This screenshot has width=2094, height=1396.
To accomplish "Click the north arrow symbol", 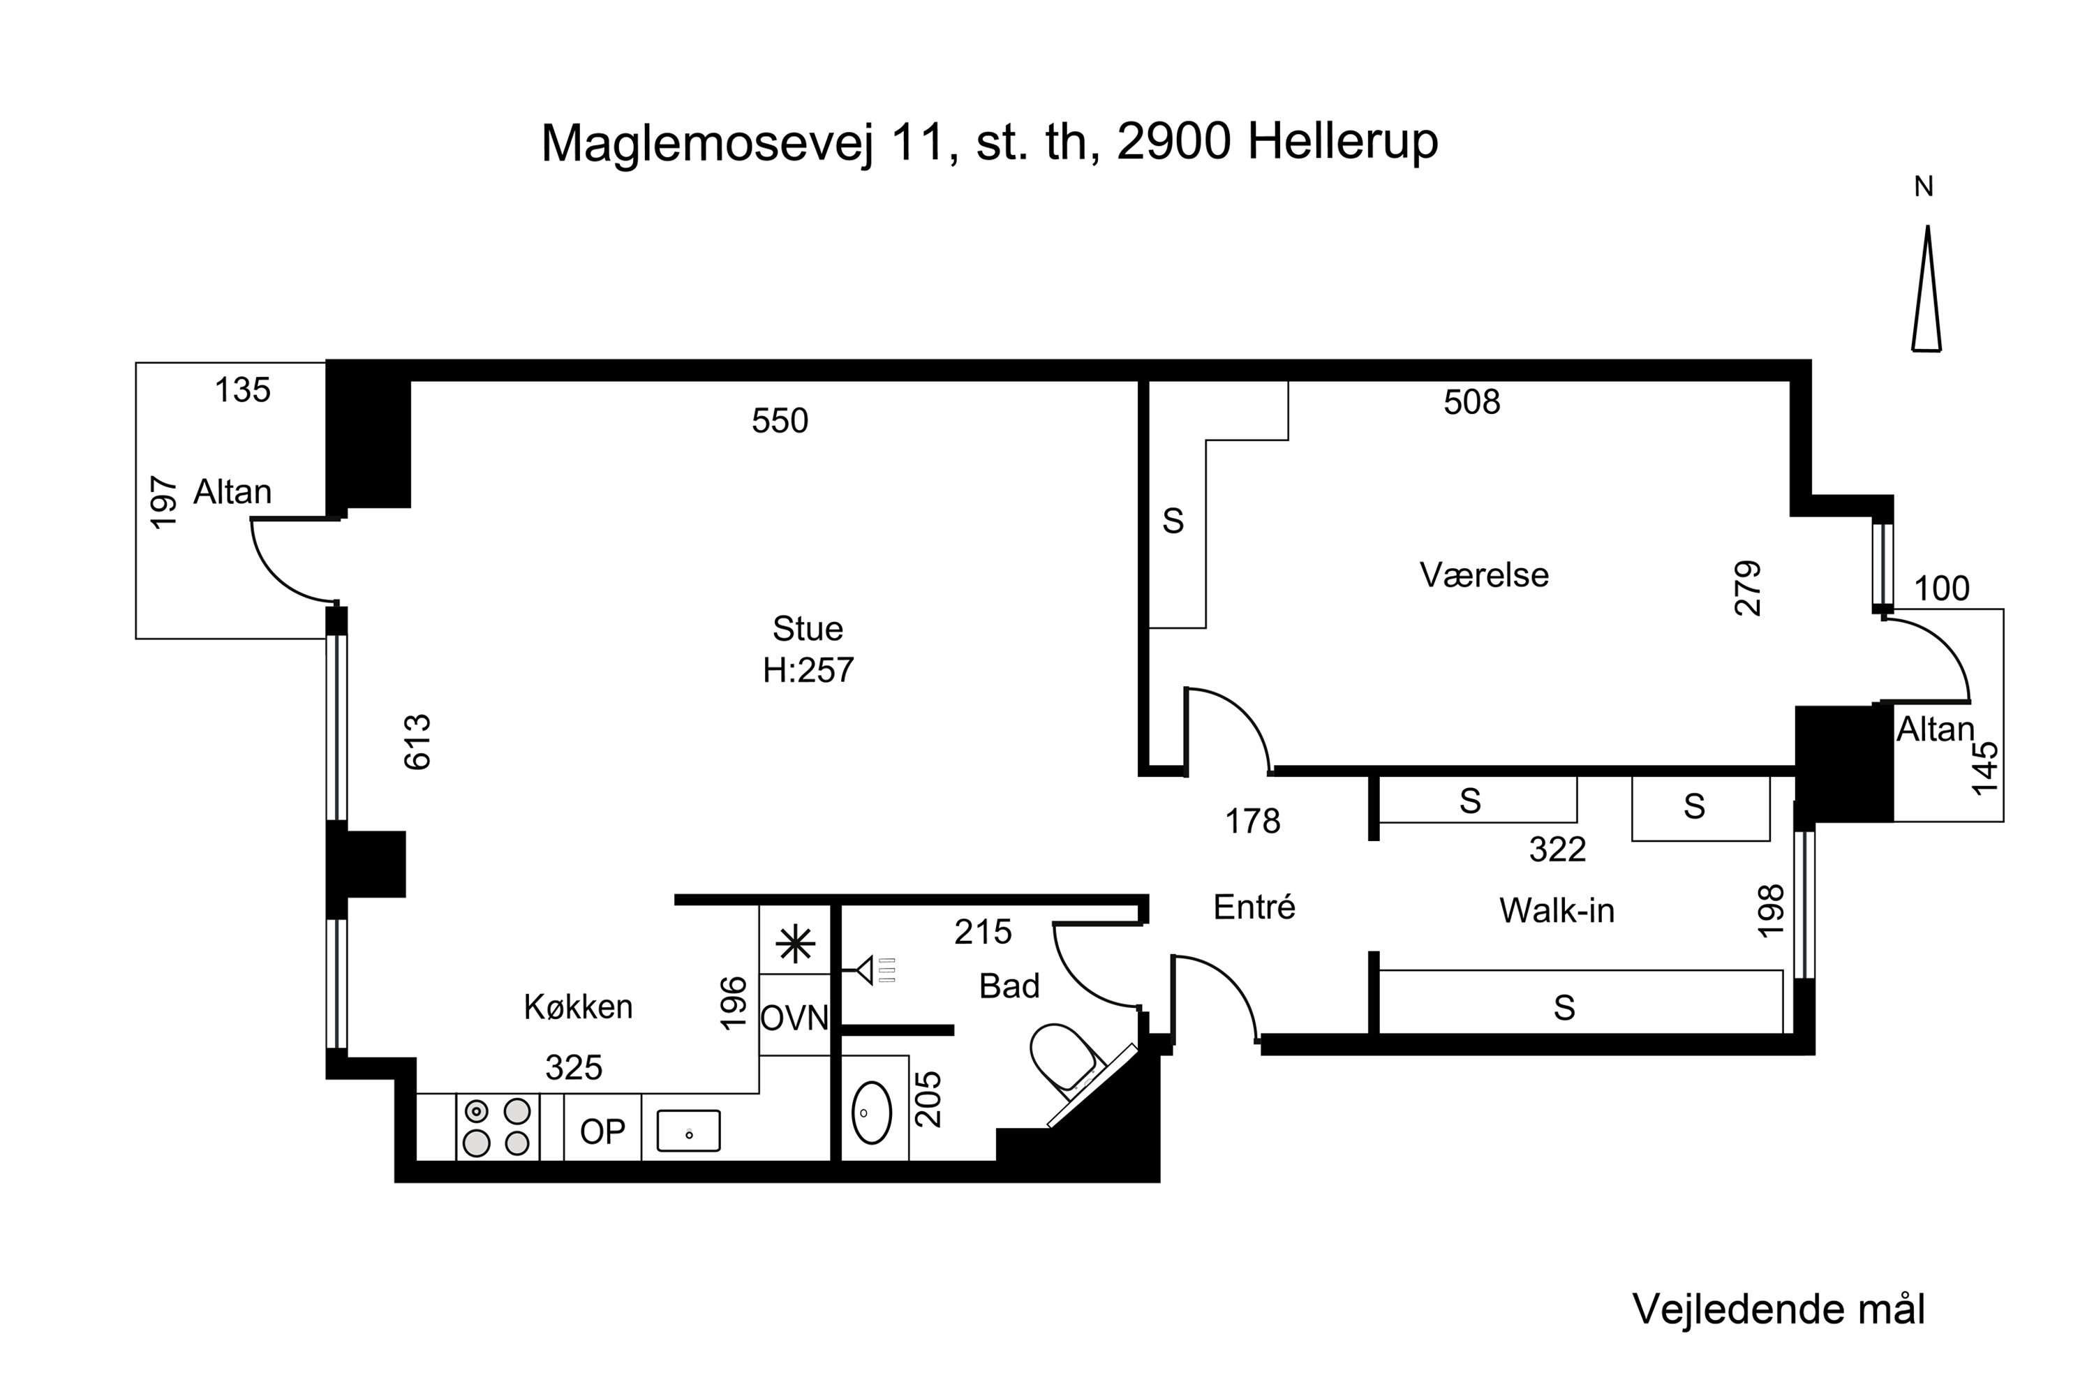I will pos(1926,290).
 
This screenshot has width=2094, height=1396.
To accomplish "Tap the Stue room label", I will pos(808,629).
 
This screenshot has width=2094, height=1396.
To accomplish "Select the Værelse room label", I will pos(1483,575).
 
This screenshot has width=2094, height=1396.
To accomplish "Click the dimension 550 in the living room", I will pos(779,420).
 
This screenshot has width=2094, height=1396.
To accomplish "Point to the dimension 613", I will pos(417,741).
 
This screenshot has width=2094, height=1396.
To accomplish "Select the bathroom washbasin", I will pos(872,1113).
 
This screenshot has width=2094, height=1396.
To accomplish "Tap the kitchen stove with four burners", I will pos(497,1127).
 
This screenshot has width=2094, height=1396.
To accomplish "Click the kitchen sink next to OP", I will pos(688,1131).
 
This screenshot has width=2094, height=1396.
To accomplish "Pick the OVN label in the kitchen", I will pos(794,1018).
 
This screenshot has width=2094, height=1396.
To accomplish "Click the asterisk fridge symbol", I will pos(795,944).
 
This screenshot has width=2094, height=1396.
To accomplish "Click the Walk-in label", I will pos(1557,911).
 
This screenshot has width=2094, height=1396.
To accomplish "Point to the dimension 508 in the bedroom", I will pos(1471,403).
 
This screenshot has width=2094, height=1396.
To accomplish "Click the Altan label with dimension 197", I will pos(232,491).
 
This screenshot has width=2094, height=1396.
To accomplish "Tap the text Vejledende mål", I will pos(1778,1309).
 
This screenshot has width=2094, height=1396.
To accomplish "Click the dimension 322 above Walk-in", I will pos(1557,849).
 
